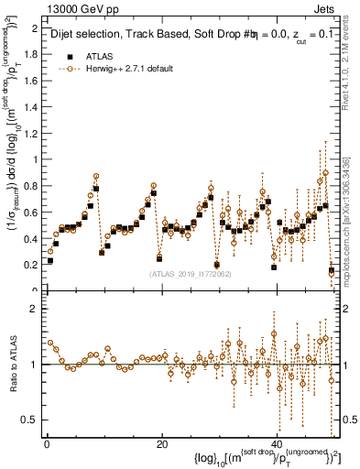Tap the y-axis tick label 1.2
point(31,133)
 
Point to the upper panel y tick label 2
point(35,28)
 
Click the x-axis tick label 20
point(161,444)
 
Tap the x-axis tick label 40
point(277,444)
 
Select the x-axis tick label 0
point(47,444)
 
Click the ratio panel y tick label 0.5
point(31,420)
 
